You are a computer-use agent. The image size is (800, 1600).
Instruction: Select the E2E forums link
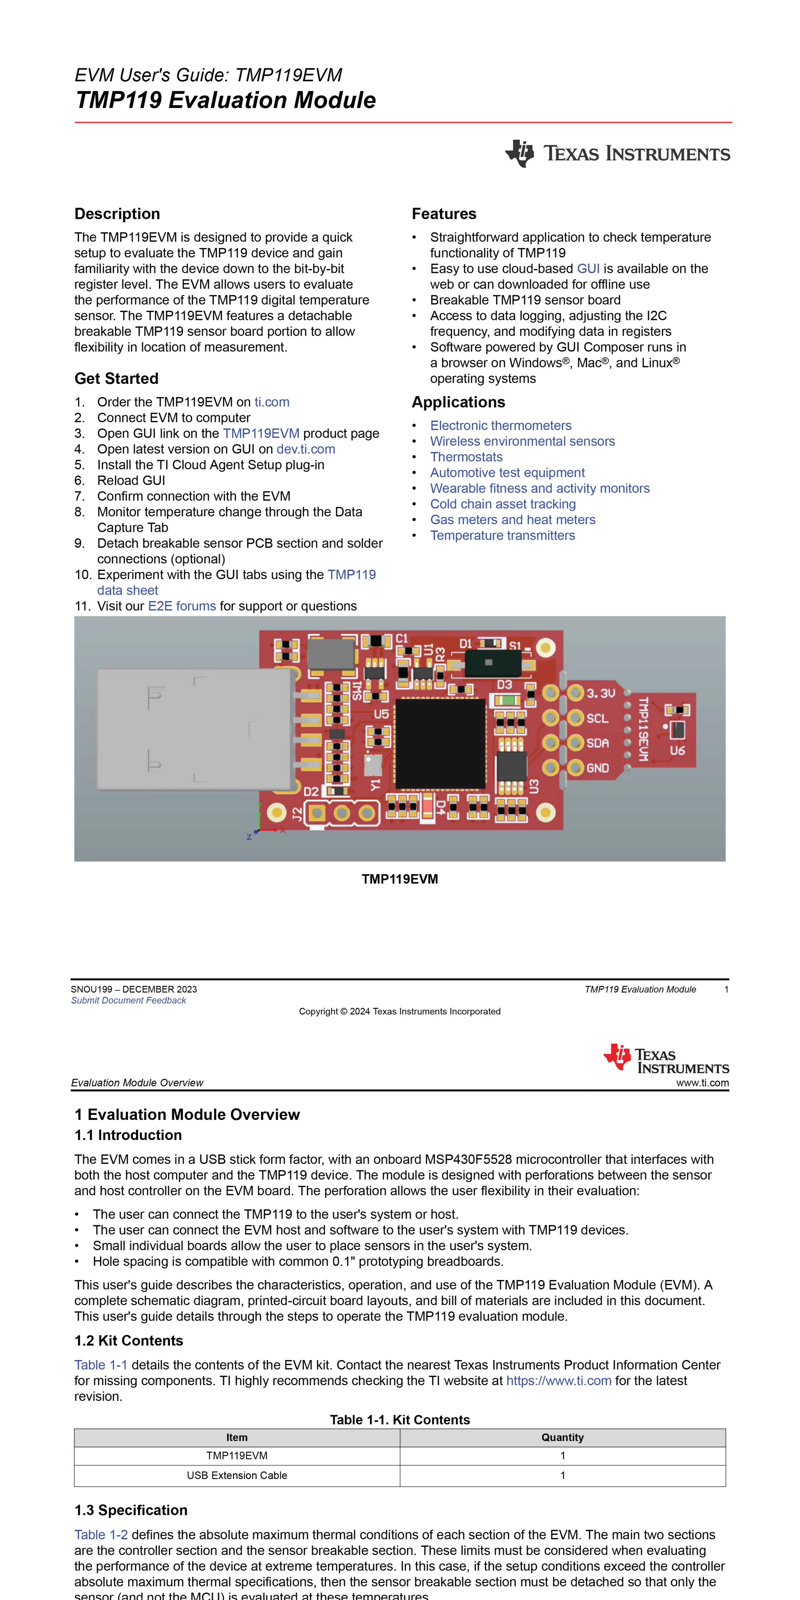(182, 606)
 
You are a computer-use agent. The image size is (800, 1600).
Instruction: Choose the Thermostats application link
(466, 457)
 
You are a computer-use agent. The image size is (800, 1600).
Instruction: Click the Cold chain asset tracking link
(503, 504)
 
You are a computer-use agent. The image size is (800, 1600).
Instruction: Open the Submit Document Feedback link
(129, 1001)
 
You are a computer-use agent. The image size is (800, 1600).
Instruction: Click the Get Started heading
(117, 379)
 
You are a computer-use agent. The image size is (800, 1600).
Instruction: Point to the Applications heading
(458, 403)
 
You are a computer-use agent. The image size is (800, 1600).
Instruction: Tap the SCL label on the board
(597, 719)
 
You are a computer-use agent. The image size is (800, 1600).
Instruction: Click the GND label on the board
(597, 768)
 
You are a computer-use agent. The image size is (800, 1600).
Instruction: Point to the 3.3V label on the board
(601, 693)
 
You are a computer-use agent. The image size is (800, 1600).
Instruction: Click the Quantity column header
(563, 1438)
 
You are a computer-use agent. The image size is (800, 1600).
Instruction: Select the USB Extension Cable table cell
(237, 1476)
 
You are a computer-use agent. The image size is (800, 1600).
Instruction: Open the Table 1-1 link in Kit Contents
(101, 1365)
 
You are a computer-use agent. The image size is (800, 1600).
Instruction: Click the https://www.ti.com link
(559, 1381)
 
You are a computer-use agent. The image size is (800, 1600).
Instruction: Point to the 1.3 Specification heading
(131, 1511)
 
